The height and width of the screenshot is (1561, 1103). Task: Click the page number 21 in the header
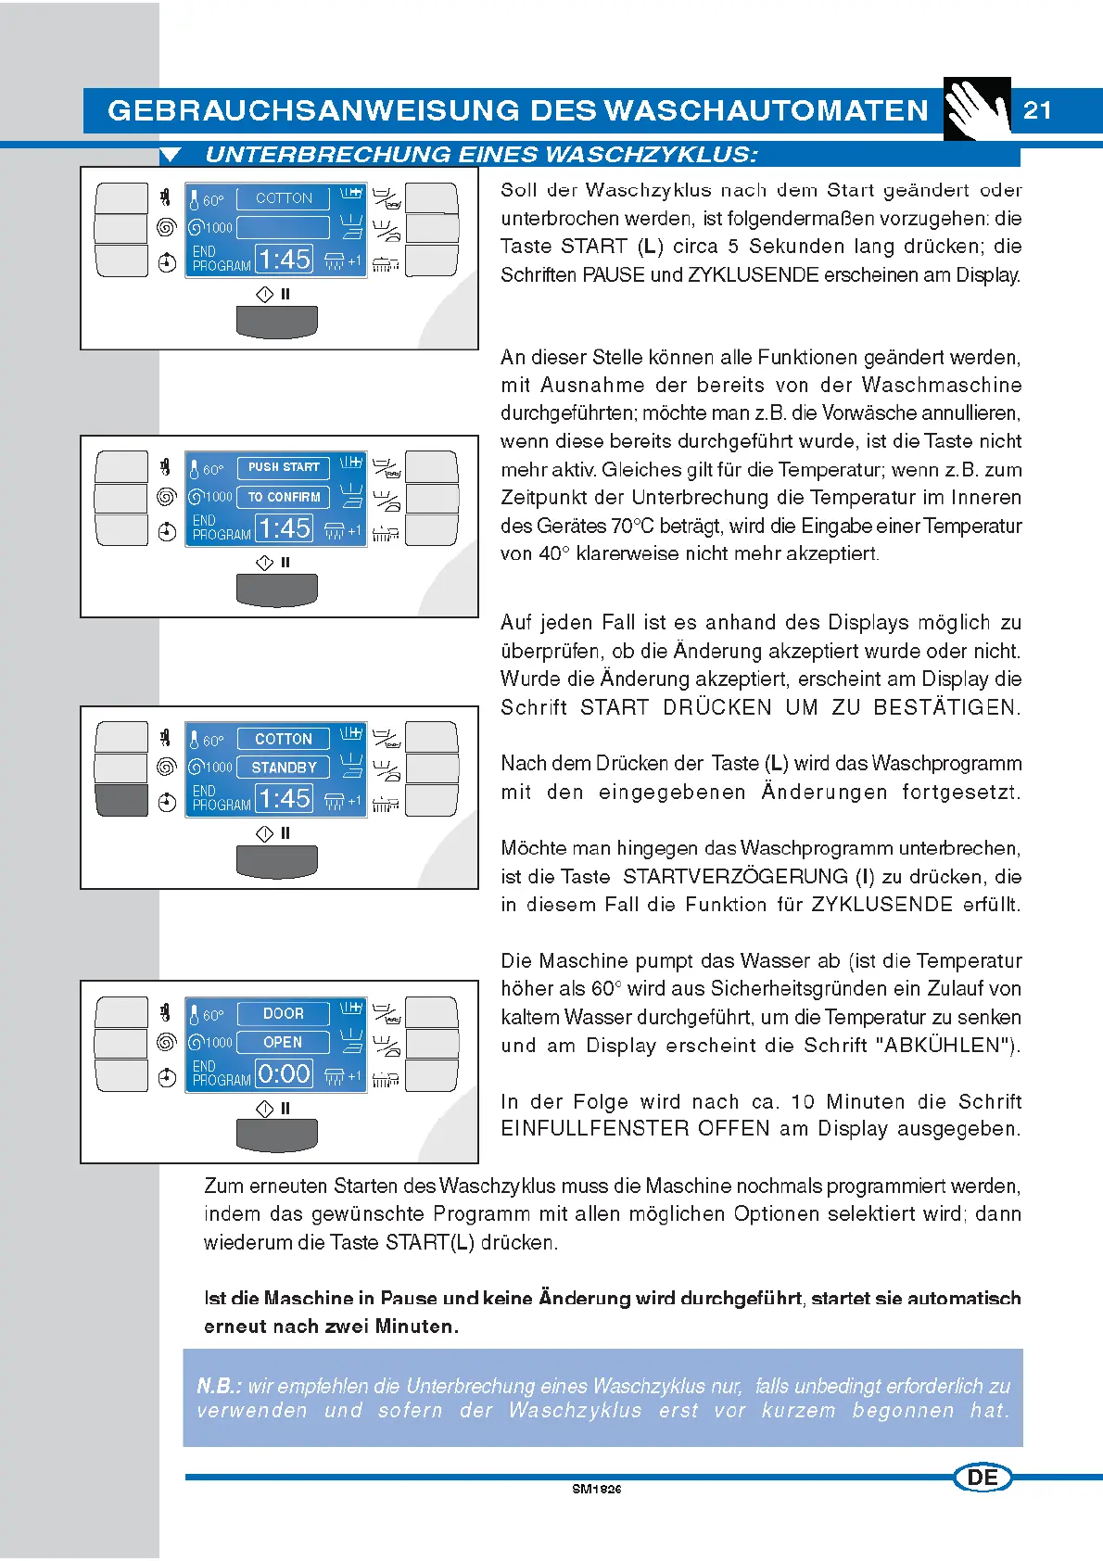(x=1037, y=110)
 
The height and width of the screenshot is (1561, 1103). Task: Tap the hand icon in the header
(x=977, y=109)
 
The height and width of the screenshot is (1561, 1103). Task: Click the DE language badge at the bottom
(x=983, y=1478)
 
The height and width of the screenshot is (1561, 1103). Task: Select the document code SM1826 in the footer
(x=596, y=1490)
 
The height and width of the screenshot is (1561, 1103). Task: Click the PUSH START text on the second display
(x=284, y=467)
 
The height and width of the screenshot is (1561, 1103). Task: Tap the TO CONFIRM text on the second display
(x=284, y=497)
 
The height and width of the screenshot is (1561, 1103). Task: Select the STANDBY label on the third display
(x=284, y=768)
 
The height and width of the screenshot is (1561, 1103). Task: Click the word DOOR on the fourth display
(x=284, y=1013)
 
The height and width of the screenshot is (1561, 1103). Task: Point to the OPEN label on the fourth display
(x=283, y=1042)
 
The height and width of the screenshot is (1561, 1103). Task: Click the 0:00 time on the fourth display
(x=284, y=1074)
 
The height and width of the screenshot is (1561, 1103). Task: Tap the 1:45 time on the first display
(x=284, y=260)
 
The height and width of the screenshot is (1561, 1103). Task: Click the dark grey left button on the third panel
(x=121, y=800)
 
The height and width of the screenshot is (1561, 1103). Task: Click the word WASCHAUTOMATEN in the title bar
(x=766, y=110)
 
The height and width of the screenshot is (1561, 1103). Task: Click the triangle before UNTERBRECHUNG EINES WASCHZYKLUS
(x=170, y=155)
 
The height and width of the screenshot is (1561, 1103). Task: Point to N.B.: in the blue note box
(x=219, y=1386)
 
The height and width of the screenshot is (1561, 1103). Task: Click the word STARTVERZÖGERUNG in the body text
(x=735, y=876)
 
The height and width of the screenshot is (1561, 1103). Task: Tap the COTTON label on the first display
(x=284, y=198)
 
